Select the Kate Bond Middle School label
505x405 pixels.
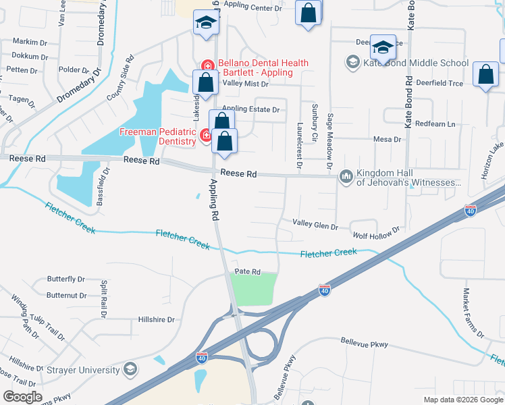tap(416, 63)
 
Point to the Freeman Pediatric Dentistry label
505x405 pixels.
tap(157, 136)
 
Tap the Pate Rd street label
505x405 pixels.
tap(247, 271)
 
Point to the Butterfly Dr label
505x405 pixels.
tap(65, 279)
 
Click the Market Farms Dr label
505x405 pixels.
tap(473, 313)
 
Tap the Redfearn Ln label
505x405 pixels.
tap(435, 124)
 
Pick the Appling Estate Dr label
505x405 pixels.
tap(250, 109)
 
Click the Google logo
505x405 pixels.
tap(23, 397)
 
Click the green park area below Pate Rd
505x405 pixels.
tap(255, 288)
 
